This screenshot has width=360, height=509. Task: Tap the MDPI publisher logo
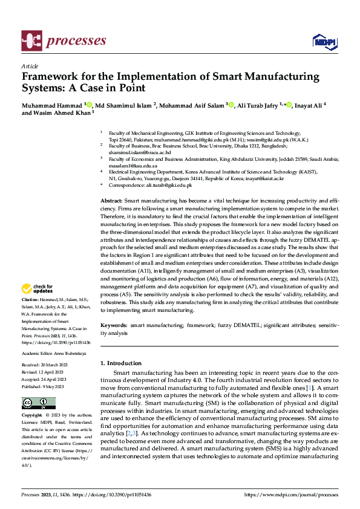point(324,41)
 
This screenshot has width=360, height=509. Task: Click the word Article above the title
point(30,66)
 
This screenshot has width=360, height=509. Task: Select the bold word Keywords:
point(114,325)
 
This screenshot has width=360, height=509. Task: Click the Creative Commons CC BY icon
point(39,403)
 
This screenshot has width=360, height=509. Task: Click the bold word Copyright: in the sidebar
point(32,416)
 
